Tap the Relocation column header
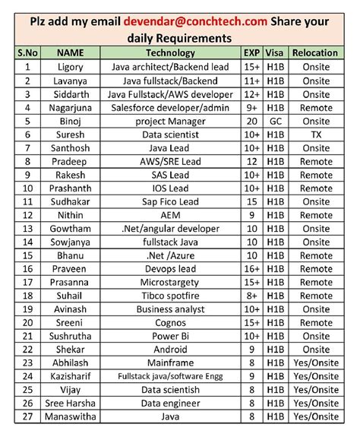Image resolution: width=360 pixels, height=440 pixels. pos(315,53)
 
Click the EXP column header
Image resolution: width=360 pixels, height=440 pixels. pos(251,53)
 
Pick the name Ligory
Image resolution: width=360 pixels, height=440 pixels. pos(71,67)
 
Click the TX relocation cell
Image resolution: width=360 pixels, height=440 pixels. pos(315,134)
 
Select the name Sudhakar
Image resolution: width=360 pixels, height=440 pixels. pos(71,201)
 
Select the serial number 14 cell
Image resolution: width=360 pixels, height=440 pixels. pos(27,242)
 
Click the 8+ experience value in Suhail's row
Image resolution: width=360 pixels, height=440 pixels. pos(251,296)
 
